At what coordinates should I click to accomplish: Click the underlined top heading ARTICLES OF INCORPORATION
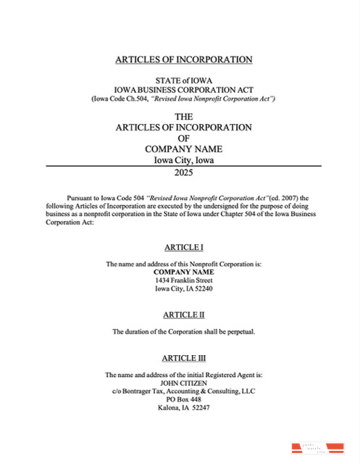click(x=183, y=59)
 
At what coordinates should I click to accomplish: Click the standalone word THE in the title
click(x=183, y=116)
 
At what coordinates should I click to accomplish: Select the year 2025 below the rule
click(x=183, y=173)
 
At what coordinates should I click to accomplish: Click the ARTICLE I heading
click(x=183, y=248)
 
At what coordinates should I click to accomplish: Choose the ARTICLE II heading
click(x=183, y=315)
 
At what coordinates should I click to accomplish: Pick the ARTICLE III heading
click(x=183, y=358)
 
